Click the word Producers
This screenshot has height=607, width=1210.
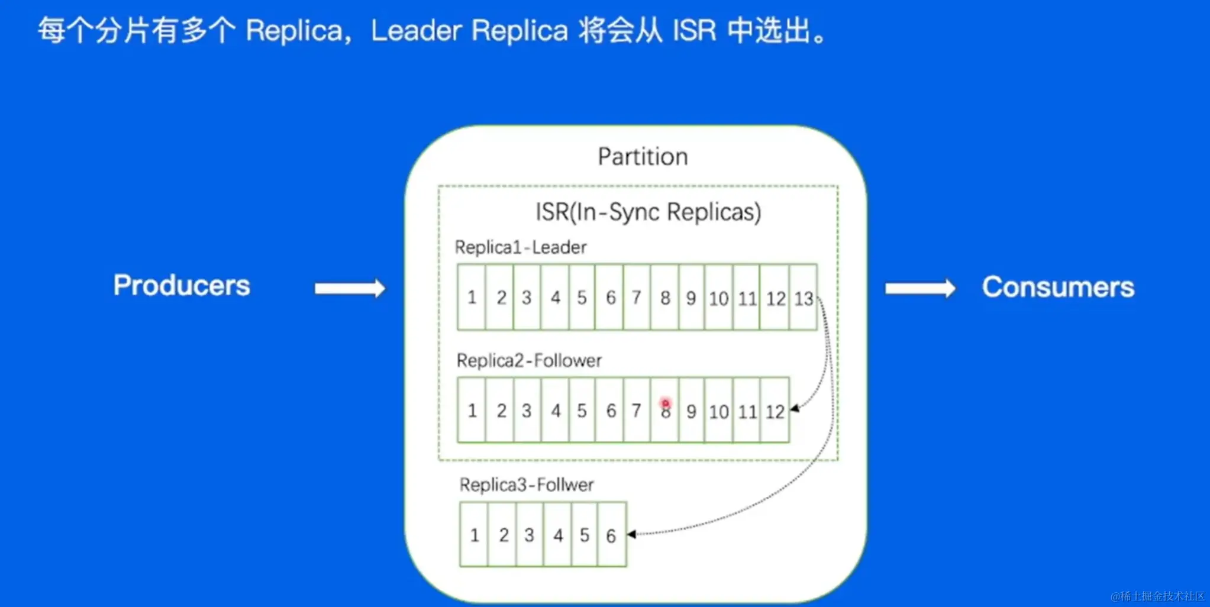(182, 286)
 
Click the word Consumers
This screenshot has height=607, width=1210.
(1058, 288)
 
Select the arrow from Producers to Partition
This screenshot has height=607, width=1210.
(350, 289)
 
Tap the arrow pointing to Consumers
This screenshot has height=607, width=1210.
(920, 289)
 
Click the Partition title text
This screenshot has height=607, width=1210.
(643, 157)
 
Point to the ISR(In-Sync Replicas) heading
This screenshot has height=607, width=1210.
(648, 212)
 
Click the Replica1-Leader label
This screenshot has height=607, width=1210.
(521, 247)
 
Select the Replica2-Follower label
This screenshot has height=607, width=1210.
(529, 360)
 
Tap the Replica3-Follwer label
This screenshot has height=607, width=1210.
(526, 485)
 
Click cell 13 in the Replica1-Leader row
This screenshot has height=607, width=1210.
(804, 298)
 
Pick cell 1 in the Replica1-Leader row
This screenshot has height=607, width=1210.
(472, 297)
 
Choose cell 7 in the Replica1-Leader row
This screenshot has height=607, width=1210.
(637, 297)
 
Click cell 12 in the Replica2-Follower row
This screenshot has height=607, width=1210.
(775, 411)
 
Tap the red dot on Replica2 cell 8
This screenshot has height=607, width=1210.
(665, 403)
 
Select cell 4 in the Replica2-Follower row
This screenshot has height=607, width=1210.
(556, 411)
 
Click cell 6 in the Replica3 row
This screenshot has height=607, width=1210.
(611, 535)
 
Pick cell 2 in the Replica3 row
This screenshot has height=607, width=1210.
(504, 535)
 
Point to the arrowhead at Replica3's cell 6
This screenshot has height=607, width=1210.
(632, 534)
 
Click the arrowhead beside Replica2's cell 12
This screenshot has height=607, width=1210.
(795, 408)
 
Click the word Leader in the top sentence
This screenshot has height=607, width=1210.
(416, 31)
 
